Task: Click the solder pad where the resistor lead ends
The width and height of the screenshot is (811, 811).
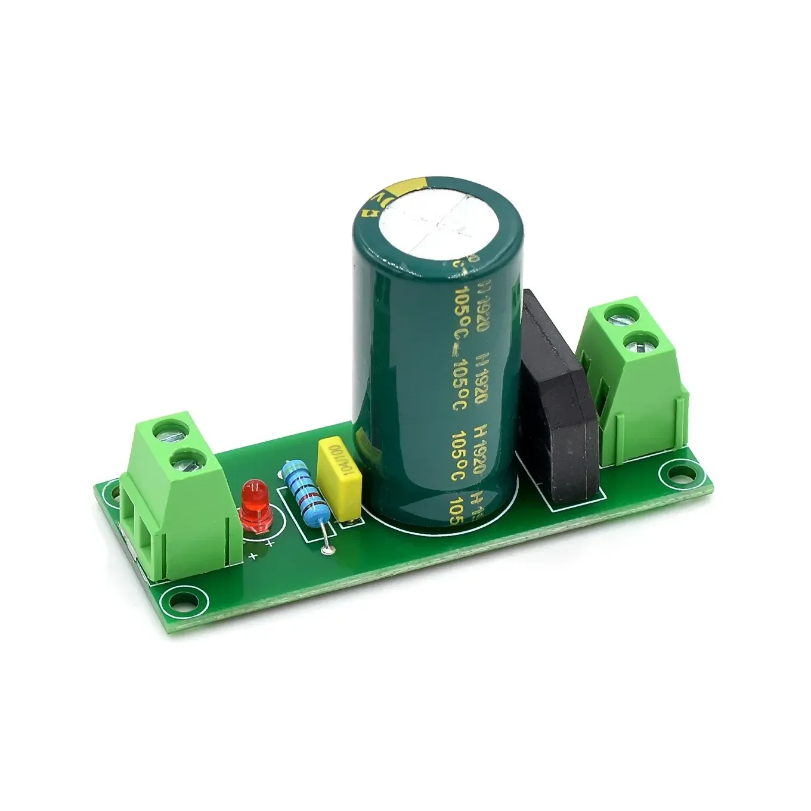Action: (x=326, y=549)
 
